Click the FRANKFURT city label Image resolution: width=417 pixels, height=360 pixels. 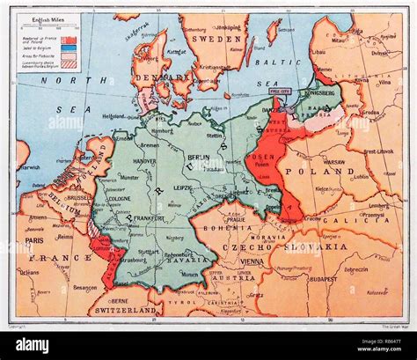coord(143,217)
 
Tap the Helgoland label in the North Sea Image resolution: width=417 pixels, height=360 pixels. coord(113,115)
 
